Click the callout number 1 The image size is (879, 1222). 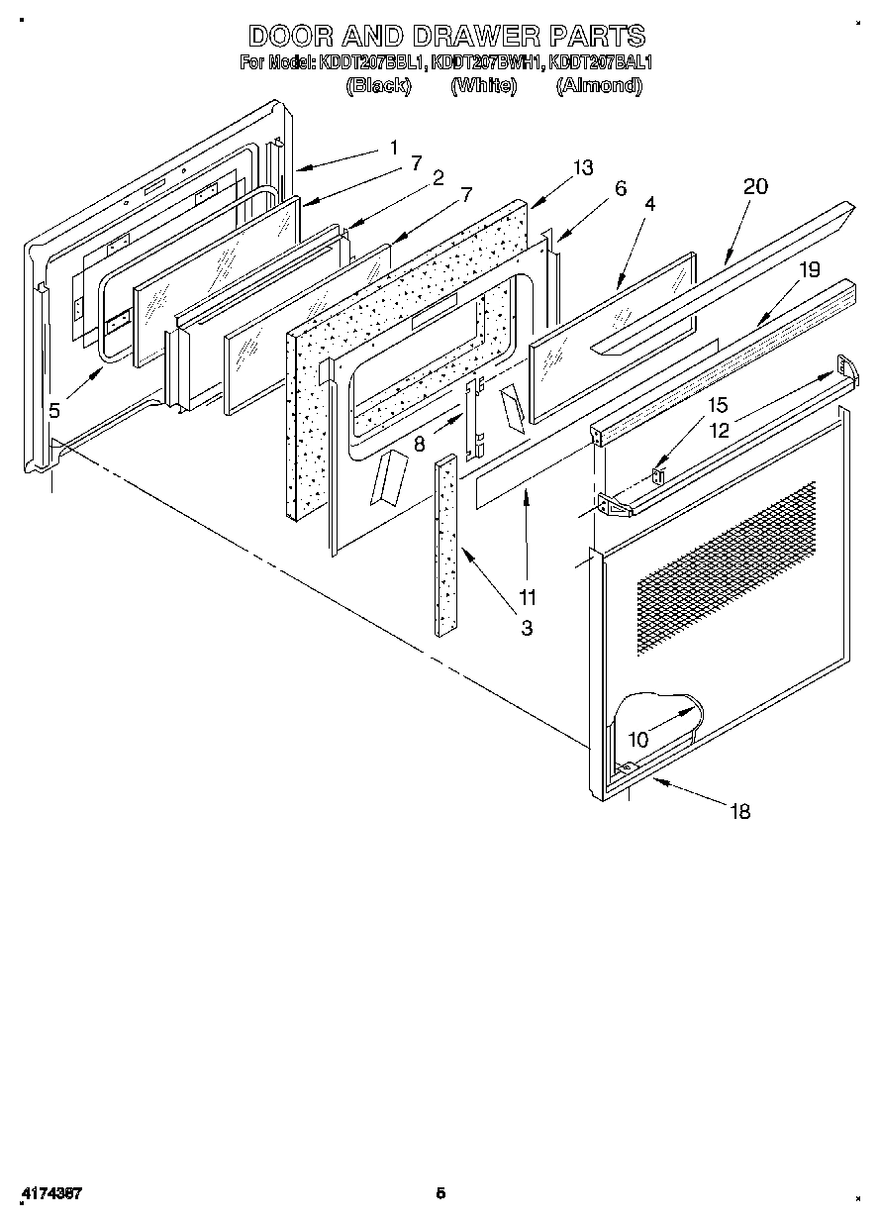[393, 148]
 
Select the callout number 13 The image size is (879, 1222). [583, 167]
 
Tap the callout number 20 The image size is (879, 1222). [755, 187]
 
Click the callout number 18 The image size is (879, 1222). [739, 812]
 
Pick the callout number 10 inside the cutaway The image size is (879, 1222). [638, 739]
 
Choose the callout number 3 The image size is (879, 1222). [527, 627]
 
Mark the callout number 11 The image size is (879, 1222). [527, 597]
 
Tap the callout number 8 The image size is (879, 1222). [420, 445]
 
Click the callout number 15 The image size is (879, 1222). [717, 405]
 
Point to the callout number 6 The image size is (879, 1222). [620, 188]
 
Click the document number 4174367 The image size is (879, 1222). [50, 1193]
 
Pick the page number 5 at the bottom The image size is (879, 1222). [441, 1193]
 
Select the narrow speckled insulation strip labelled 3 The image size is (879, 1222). [445, 545]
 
